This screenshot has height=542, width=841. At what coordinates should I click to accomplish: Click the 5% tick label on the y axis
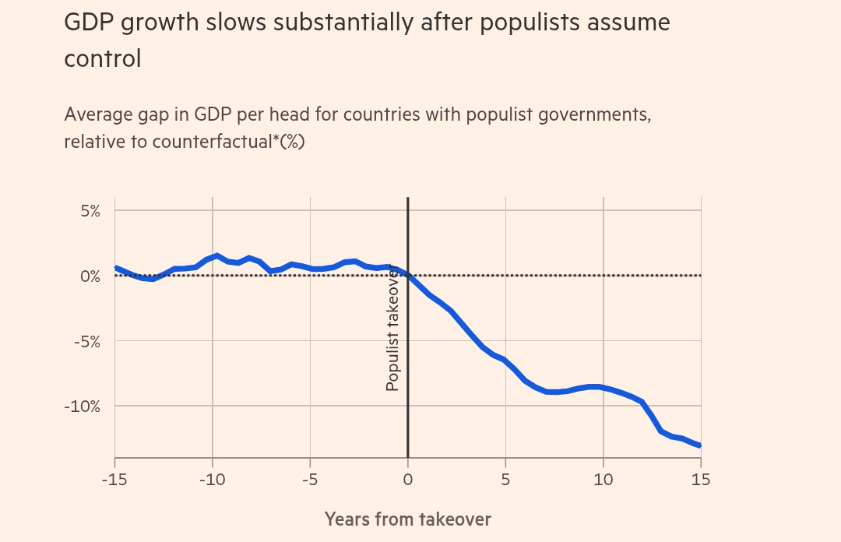click(88, 211)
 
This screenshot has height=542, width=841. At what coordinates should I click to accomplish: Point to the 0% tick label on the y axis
click(88, 276)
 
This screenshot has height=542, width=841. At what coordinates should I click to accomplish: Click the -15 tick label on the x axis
click(114, 479)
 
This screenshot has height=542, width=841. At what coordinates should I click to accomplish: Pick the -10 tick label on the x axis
click(212, 479)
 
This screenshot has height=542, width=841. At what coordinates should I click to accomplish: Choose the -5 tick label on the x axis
click(310, 479)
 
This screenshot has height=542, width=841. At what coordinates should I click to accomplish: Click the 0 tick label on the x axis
click(407, 479)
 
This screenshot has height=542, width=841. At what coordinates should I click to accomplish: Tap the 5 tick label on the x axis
click(505, 479)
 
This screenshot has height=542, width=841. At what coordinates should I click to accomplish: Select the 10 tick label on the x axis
click(603, 479)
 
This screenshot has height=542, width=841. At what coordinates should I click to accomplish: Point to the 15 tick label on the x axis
click(701, 479)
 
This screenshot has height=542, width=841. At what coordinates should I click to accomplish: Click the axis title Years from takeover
click(407, 519)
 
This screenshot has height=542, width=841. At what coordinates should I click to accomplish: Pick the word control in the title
click(103, 58)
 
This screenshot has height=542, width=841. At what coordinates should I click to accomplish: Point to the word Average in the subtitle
click(98, 115)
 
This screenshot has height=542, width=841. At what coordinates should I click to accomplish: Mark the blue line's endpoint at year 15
click(700, 445)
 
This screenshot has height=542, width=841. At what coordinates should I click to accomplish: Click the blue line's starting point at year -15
click(115, 267)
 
